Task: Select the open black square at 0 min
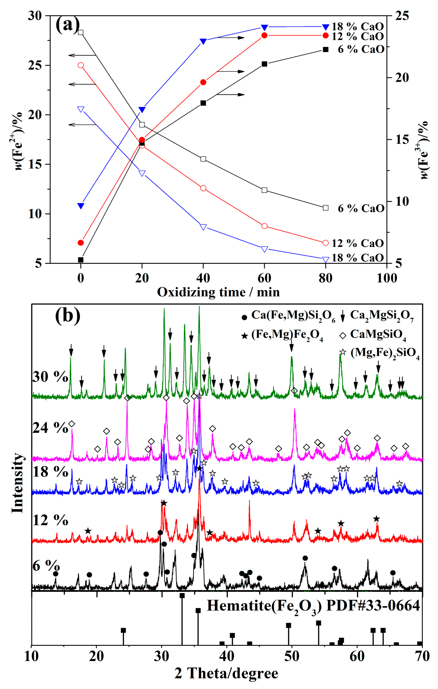coord(81,32)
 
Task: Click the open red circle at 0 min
coord(81,65)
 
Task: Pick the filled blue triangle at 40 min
coord(203,41)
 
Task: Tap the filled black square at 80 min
coord(325,49)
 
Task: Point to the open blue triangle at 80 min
coord(325,260)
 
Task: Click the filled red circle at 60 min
coord(264,35)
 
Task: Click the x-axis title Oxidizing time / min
coord(218,292)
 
